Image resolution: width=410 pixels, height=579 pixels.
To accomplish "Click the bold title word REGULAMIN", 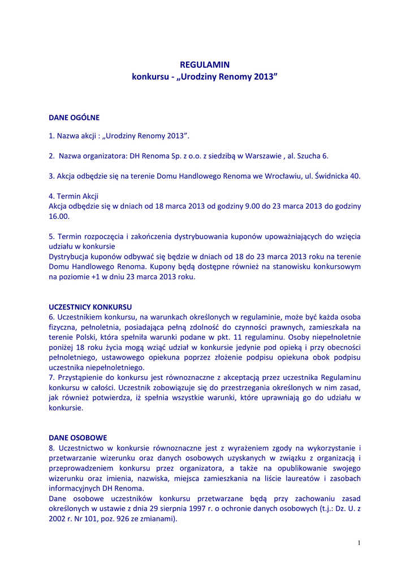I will tap(205, 65).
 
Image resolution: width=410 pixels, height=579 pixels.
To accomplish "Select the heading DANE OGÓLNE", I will tap(74, 118).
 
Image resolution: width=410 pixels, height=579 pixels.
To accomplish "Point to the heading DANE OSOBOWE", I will tap(78, 438).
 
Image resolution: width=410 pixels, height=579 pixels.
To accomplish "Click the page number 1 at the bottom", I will tap(359, 543).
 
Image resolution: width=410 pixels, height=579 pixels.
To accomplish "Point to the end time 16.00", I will tap(59, 217).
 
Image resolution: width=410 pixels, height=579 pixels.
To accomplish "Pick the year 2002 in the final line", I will tap(58, 519).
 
